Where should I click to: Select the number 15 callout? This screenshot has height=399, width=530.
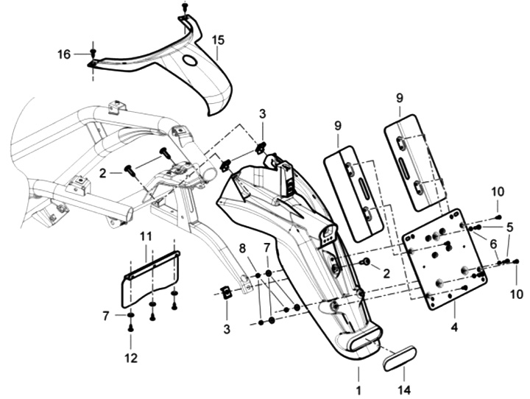(218, 39)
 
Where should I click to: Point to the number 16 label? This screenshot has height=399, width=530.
(65, 53)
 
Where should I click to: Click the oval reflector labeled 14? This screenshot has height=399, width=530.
(399, 360)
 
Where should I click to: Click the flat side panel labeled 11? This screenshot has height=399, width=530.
(151, 278)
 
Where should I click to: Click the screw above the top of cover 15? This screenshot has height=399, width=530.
(184, 7)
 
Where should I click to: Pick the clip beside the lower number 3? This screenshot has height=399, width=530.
(227, 292)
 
